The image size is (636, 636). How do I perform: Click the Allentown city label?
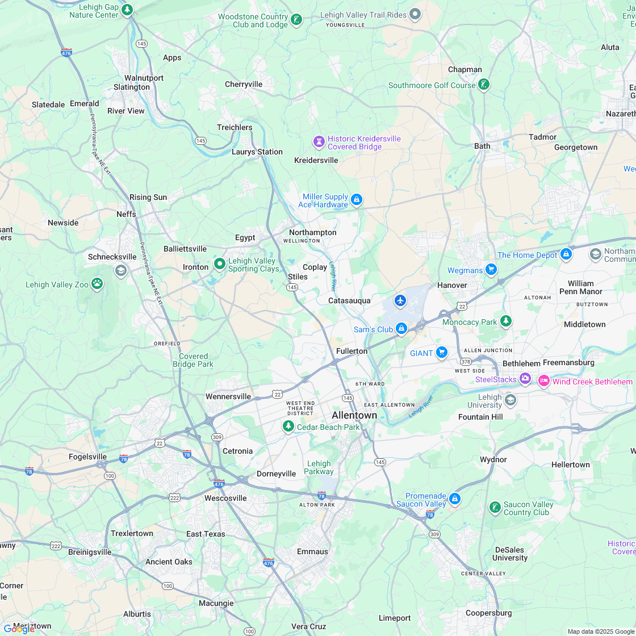(354, 415)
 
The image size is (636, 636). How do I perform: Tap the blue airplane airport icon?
(400, 300)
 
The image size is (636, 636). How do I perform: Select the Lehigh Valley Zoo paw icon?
(97, 283)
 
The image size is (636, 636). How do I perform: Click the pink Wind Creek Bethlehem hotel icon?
(543, 380)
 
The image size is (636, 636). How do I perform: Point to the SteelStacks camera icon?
(525, 378)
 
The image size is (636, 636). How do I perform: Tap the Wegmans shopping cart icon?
(491, 270)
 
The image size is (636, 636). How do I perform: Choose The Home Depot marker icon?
(566, 254)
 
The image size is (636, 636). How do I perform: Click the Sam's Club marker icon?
(401, 328)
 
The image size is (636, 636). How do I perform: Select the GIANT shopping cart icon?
(442, 353)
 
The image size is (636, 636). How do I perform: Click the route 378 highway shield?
(466, 362)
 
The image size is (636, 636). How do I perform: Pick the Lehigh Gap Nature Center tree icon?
(128, 10)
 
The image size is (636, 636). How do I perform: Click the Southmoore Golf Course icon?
(483, 85)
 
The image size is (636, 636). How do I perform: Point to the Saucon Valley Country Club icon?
(495, 507)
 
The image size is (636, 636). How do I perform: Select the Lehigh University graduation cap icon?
(510, 400)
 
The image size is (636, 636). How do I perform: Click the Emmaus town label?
(312, 551)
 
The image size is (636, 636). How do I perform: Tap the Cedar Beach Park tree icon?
(288, 426)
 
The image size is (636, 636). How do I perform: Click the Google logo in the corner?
(19, 629)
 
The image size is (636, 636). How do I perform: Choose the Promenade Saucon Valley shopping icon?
(454, 499)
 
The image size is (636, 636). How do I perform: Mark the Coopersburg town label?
(488, 613)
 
